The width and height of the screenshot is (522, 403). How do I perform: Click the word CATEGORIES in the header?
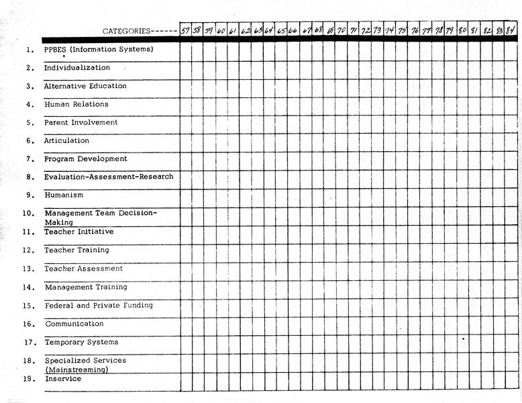coord(126,31)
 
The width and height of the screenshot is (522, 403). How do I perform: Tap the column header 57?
coord(185,30)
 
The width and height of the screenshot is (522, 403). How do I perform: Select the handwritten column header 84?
coord(511,30)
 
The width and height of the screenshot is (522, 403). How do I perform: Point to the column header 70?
coord(342,30)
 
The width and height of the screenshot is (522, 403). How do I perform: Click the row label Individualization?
coord(77,68)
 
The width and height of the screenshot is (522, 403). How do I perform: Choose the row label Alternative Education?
coord(85,86)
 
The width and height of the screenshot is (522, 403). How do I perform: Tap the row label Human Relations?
coord(76,104)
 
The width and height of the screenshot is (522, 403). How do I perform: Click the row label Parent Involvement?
coord(81,122)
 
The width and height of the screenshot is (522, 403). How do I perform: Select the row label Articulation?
coord(66,140)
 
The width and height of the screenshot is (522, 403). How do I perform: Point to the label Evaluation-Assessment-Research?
coord(109,177)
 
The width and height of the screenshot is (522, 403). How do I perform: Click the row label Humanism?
coord(64,195)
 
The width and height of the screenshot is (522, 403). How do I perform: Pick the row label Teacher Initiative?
coord(79,232)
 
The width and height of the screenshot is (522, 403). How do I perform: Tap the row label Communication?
coord(74,324)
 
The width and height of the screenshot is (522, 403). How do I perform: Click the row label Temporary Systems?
coord(81,342)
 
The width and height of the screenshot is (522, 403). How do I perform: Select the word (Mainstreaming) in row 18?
coord(76,369)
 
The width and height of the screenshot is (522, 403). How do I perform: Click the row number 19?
coord(29,379)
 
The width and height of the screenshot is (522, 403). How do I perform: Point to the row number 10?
coord(29,214)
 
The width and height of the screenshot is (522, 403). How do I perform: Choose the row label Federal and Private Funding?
coord(99,305)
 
